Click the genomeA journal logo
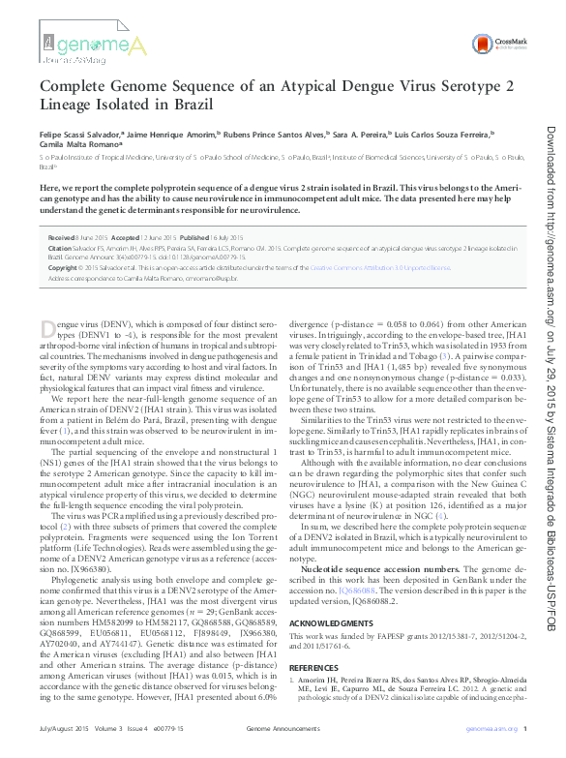click(x=97, y=46)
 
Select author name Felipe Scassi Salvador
click(x=80, y=134)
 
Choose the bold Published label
click(x=194, y=236)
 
